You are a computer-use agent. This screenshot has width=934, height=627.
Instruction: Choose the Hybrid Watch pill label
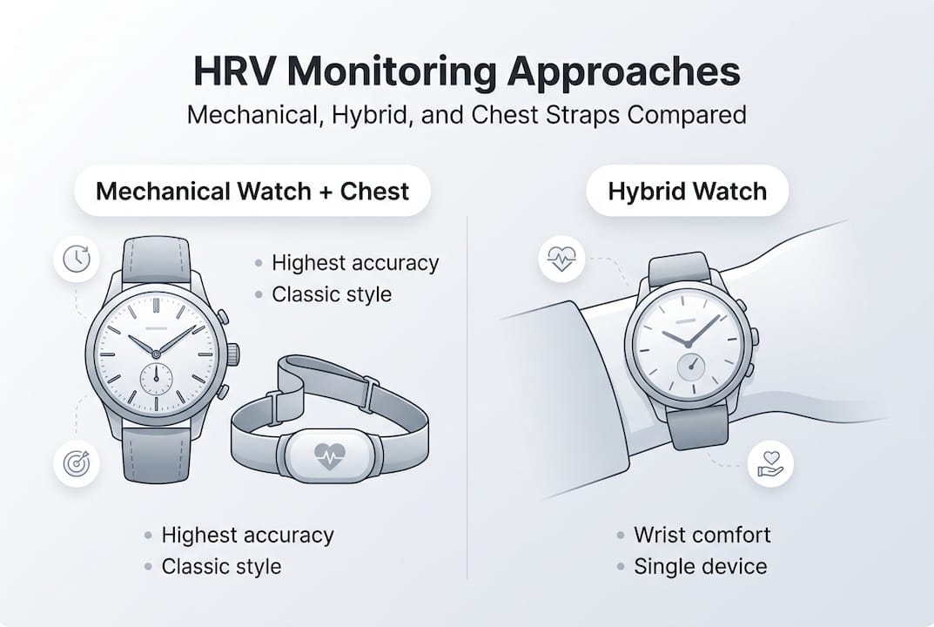tap(688, 191)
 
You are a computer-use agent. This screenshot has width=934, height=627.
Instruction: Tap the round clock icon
tap(75, 259)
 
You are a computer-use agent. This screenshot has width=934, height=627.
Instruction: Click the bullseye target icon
tap(75, 462)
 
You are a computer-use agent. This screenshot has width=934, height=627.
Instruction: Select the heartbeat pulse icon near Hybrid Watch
tap(561, 258)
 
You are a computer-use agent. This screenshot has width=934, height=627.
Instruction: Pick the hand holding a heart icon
tap(769, 463)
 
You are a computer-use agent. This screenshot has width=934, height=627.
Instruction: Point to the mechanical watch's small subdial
tap(155, 379)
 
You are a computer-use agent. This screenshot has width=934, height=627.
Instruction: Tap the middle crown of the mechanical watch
tap(232, 354)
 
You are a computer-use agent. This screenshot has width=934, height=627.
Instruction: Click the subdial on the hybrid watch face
tap(692, 364)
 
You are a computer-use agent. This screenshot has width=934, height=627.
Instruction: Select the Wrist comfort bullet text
tap(702, 535)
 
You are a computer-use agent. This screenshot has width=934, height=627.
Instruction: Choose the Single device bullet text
tap(700, 567)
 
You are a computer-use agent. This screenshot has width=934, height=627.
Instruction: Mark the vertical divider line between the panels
tap(467, 392)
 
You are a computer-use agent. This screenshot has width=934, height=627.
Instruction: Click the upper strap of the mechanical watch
tap(156, 260)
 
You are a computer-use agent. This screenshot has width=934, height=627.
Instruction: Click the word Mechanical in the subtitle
tap(252, 115)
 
